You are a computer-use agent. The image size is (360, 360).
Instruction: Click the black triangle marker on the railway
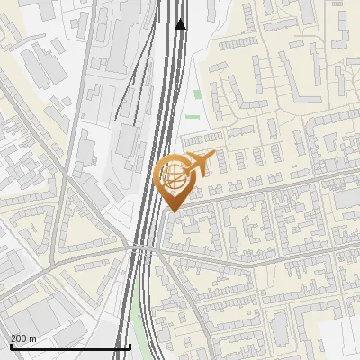[181, 24]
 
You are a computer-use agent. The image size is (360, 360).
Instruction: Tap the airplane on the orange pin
[200, 163]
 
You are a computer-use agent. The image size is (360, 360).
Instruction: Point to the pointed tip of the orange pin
[174, 211]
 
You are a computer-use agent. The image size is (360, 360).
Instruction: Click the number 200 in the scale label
[19, 338]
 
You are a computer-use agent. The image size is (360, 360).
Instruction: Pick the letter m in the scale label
[33, 338]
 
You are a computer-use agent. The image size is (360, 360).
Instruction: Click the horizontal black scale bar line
[70, 346]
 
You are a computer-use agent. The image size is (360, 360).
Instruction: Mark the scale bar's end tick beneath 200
[11, 346]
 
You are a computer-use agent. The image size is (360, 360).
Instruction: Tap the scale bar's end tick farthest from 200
[130, 346]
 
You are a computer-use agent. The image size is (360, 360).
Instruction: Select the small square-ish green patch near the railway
[197, 94]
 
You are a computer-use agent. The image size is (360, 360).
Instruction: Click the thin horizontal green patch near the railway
[191, 116]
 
